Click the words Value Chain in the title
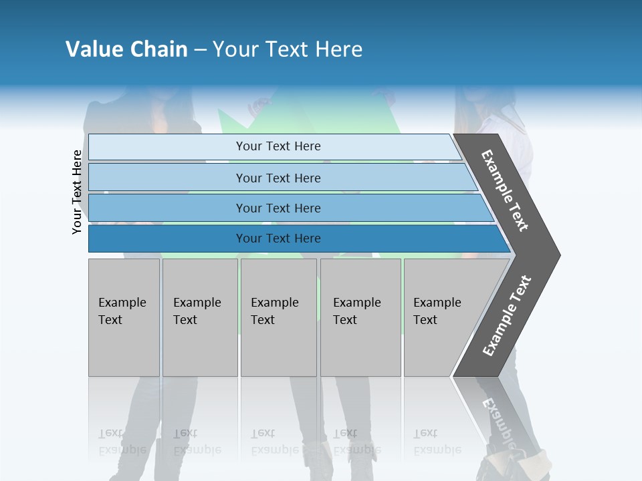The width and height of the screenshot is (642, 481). coord(126,49)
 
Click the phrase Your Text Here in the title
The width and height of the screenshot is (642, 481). coord(288,49)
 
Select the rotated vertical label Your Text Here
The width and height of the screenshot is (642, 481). coord(77,192)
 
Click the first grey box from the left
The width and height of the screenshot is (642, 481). coord(124,317)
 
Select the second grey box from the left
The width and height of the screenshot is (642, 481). coord(199,317)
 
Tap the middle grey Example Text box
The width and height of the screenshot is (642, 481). coord(278,317)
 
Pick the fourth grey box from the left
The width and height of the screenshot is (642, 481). coord(360,317)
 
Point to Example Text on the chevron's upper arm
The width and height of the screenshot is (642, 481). coord(505,190)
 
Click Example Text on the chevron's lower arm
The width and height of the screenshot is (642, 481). coord(507,316)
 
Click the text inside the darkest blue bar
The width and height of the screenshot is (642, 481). coord(278,238)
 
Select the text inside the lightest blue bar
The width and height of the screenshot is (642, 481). coord(278,146)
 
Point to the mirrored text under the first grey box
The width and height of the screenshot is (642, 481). coord(122,442)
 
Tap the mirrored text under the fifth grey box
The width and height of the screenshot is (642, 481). coord(437,442)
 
